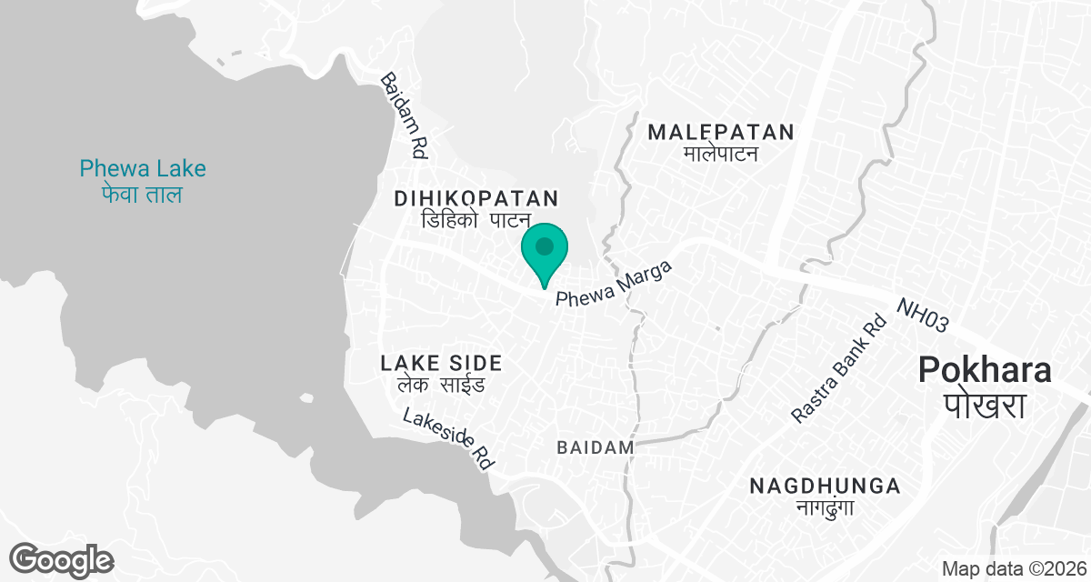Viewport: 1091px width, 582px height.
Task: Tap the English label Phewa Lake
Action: tap(143, 168)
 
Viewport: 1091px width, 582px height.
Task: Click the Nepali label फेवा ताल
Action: tap(143, 195)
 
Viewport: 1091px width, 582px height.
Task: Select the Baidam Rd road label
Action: tap(404, 116)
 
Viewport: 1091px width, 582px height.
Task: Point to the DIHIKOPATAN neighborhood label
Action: tap(475, 197)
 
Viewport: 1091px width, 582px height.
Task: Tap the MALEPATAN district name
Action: tap(721, 132)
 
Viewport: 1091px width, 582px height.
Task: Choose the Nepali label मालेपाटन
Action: tap(721, 154)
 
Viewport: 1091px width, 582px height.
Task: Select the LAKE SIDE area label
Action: tap(441, 363)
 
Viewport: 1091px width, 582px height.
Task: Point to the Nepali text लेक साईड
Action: tap(441, 385)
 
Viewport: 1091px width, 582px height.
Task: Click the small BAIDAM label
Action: tap(595, 447)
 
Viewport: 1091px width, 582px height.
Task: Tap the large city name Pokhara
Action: tap(985, 369)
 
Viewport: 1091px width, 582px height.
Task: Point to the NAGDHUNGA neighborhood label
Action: tap(825, 486)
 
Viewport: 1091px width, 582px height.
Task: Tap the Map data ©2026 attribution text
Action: tap(1013, 569)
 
